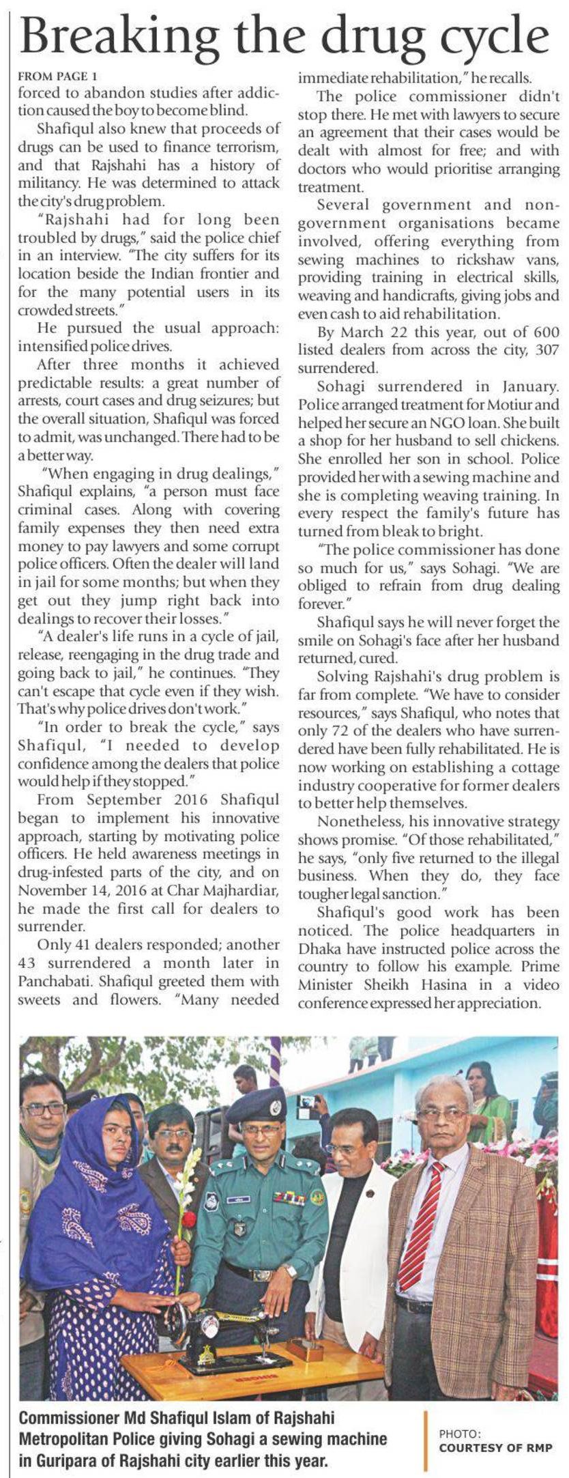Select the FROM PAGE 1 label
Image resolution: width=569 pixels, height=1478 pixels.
tap(57, 76)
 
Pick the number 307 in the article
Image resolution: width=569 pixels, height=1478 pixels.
tap(544, 350)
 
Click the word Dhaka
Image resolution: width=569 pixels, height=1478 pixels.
tap(320, 949)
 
